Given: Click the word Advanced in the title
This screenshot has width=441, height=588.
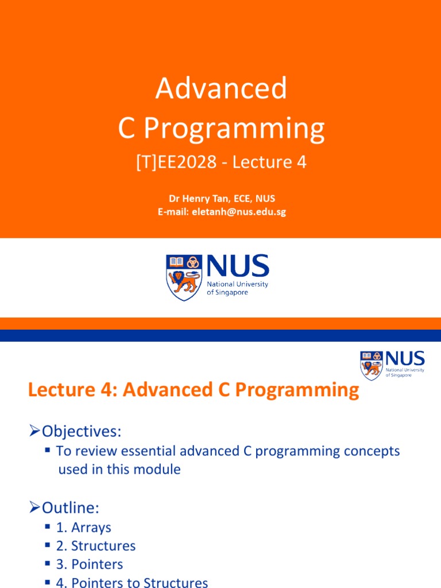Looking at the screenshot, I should click(221, 89).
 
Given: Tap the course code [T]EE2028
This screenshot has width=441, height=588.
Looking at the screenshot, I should click(176, 163).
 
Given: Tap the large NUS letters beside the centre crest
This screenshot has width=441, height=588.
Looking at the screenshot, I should click(237, 266).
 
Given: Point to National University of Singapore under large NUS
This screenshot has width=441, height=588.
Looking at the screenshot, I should click(237, 288).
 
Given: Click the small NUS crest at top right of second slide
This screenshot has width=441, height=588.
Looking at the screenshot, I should click(371, 365).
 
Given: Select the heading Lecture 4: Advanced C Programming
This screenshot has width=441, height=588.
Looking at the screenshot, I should click(194, 391).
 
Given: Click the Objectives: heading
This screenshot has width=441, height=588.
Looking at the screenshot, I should click(80, 431).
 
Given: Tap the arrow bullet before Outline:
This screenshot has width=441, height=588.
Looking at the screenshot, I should click(34, 508).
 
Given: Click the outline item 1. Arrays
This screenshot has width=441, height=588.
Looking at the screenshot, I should click(83, 527).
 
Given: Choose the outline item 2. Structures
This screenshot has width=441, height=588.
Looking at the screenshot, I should click(95, 546).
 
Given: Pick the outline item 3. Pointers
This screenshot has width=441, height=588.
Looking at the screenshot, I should click(89, 564).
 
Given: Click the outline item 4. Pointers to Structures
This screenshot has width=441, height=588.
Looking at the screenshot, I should click(131, 582).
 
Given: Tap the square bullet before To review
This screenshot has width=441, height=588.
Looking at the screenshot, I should click(48, 450).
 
